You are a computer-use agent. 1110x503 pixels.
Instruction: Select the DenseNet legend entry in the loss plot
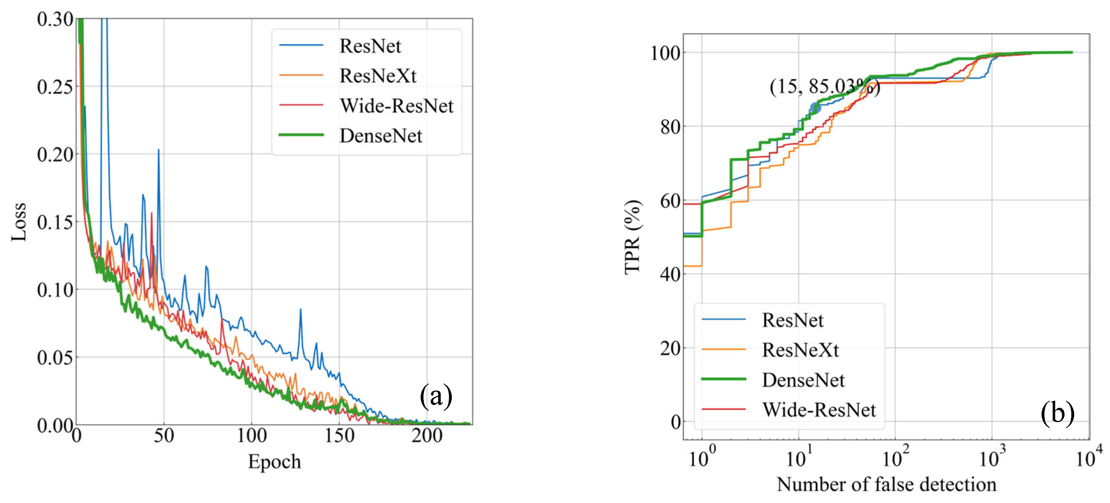(381, 135)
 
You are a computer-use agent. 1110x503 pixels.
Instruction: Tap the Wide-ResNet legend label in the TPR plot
(819, 409)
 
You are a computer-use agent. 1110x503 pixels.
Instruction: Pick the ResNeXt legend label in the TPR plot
(800, 350)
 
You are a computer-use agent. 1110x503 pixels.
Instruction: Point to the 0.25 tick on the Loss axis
(55, 87)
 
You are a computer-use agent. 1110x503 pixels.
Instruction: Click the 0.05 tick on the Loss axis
(55, 357)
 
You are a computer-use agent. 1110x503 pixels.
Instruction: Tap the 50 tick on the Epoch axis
(164, 435)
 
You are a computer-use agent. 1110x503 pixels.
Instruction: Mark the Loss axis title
(19, 221)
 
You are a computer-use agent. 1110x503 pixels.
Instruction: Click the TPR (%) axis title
(632, 237)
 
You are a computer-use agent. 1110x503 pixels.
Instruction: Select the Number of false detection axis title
(886, 484)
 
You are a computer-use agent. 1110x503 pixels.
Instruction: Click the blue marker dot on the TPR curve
(815, 108)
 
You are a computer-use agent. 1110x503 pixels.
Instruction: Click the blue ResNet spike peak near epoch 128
(300, 309)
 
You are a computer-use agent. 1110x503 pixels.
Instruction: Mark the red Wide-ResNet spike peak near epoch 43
(152, 213)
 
